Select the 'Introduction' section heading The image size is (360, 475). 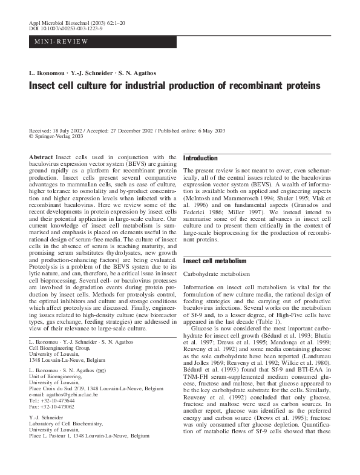[x=200, y=158]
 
